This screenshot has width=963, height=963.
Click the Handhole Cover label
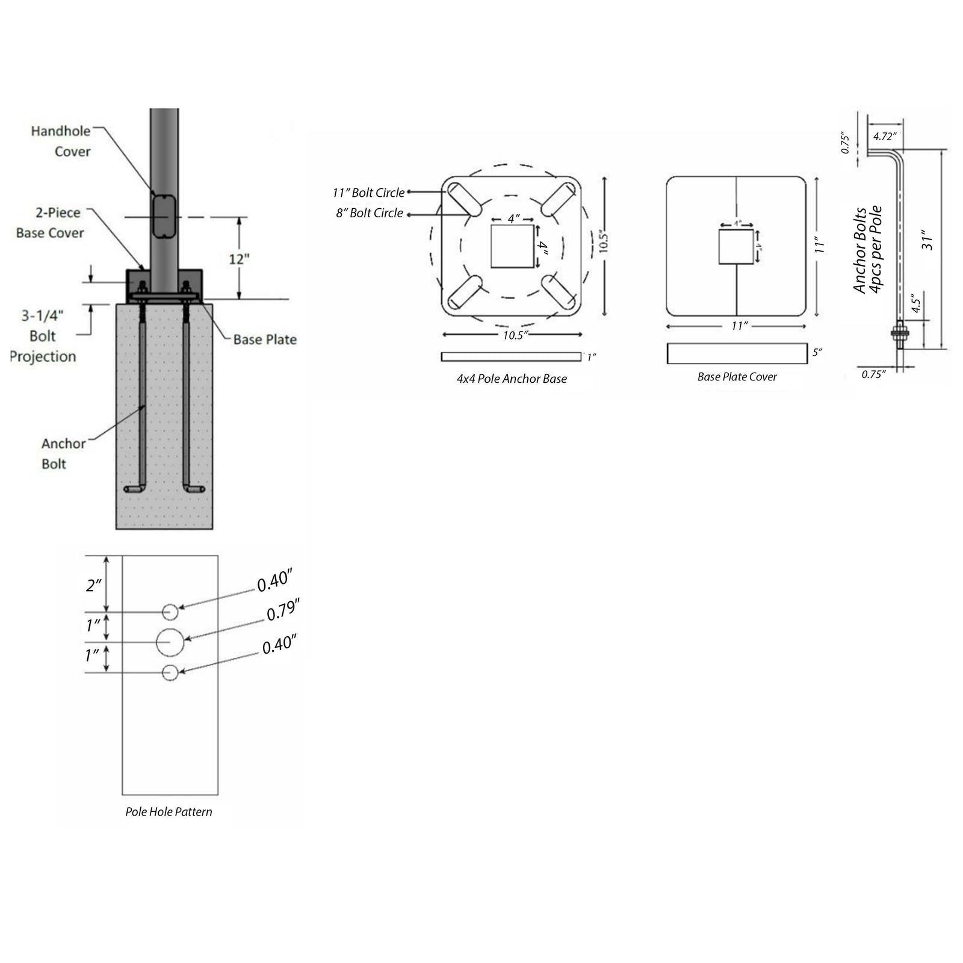61,141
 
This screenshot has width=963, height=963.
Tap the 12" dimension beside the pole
239,259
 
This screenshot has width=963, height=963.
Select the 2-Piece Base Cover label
50,223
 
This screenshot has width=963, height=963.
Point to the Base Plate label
265,339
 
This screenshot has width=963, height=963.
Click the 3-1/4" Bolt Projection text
43,336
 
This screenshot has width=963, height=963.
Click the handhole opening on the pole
164,215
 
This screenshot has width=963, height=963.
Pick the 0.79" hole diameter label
283,610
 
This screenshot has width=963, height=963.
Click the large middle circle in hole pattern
170,642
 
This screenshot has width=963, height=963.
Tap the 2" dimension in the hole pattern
93,584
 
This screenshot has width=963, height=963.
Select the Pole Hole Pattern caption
169,812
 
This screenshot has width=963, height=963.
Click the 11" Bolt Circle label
368,193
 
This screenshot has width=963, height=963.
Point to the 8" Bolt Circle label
370,213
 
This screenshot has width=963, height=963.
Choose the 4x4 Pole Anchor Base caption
512,379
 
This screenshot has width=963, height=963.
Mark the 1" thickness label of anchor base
591,358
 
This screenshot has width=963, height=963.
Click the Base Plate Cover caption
737,377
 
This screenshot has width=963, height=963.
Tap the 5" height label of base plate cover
817,352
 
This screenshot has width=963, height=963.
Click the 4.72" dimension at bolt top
885,137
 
